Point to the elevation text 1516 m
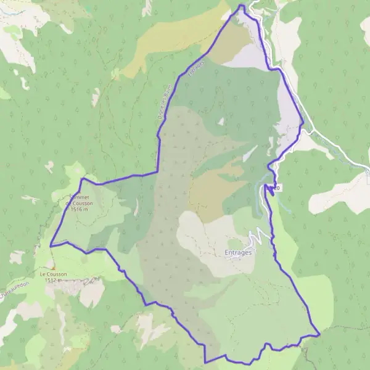[79, 210]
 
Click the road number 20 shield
[277, 187]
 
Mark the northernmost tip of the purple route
[241, 6]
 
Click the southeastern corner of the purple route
[319, 335]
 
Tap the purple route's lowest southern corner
[205, 362]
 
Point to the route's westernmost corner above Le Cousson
[51, 245]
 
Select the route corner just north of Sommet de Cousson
[82, 179]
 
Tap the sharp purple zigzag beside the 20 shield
[269, 190]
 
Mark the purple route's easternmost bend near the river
[303, 123]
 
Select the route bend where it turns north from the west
[157, 173]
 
